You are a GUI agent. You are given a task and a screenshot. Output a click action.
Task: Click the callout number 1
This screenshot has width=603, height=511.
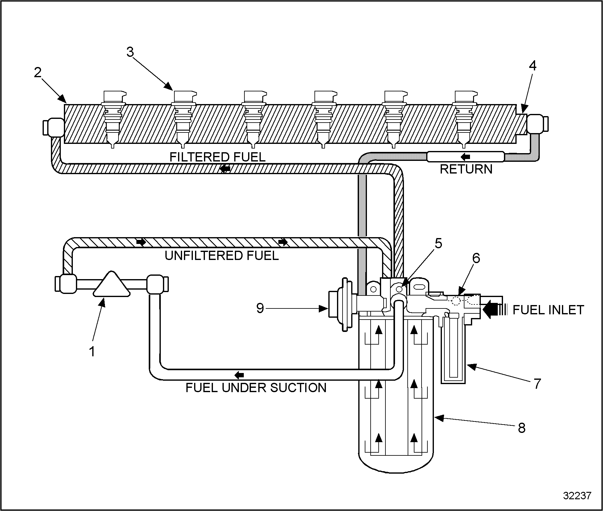tap(92, 351)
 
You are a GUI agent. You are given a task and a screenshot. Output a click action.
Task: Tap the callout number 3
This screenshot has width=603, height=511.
tap(130, 52)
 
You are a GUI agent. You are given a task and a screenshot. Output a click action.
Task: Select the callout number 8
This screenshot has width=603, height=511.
tap(521, 428)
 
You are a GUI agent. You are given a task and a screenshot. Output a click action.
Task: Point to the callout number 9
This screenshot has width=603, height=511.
tap(260, 308)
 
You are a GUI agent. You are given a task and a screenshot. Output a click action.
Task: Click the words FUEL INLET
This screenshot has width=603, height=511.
tap(548, 310)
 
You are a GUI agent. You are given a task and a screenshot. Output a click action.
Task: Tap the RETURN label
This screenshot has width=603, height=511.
tap(466, 169)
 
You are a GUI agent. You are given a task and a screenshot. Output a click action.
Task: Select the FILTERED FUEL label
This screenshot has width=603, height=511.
tap(218, 157)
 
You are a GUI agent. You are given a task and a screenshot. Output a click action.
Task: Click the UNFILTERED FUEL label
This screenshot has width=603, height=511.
tap(222, 256)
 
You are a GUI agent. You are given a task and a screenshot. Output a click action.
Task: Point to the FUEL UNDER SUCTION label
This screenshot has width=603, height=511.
tap(256, 387)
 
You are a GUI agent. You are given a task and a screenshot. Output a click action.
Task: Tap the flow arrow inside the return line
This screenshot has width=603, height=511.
tap(465, 157)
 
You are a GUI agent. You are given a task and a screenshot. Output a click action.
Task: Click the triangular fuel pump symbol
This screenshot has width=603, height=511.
tap(111, 285)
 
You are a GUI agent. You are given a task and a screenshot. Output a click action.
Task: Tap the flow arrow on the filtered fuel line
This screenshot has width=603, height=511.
tap(225, 169)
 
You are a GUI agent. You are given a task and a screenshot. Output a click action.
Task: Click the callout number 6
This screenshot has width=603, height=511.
tap(476, 258)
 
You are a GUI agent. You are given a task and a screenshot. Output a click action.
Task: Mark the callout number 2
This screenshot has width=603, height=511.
tap(37, 73)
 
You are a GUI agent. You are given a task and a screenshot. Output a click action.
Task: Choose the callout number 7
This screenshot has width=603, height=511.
tap(537, 384)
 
